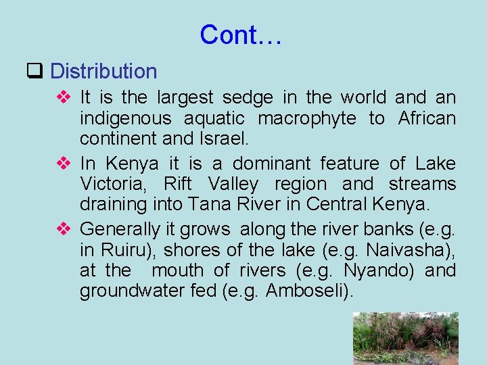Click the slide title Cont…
pyautogui.click(x=240, y=34)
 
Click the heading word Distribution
pyautogui.click(x=103, y=71)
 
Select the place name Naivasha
pyautogui.click(x=409, y=250)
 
